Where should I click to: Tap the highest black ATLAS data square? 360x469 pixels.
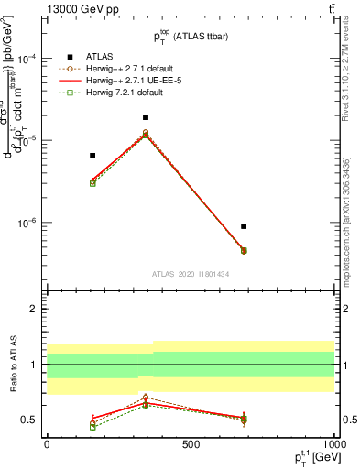click(x=146, y=117)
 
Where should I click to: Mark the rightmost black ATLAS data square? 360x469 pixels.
click(x=244, y=226)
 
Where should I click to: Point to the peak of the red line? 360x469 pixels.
click(x=146, y=135)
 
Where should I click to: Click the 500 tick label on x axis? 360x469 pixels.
click(x=191, y=443)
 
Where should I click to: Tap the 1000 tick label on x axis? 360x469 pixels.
click(x=333, y=443)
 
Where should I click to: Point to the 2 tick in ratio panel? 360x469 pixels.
click(x=36, y=310)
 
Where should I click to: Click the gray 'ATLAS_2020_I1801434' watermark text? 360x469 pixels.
click(x=191, y=274)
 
